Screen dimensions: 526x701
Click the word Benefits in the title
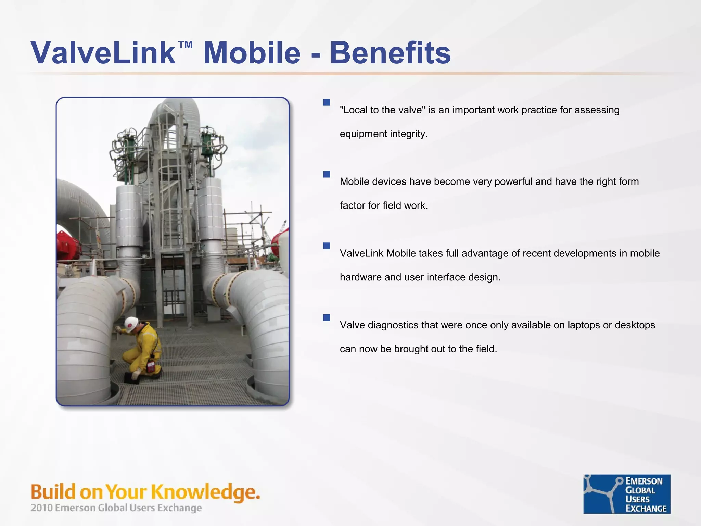click(390, 53)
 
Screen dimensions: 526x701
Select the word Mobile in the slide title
click(252, 53)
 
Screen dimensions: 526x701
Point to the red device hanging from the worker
click(151, 366)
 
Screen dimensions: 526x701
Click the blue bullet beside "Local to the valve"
click(327, 102)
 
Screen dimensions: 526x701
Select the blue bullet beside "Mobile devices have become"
click(327, 174)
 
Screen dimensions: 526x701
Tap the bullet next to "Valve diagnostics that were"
click(327, 317)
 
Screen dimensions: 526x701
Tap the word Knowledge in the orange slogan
click(205, 492)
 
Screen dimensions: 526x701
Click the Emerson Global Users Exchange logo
click(627, 494)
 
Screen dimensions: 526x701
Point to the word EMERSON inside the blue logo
click(644, 481)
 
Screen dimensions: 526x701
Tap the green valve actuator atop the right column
click(207, 144)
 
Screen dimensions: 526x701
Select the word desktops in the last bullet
click(635, 325)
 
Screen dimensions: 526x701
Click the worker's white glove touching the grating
click(135, 374)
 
